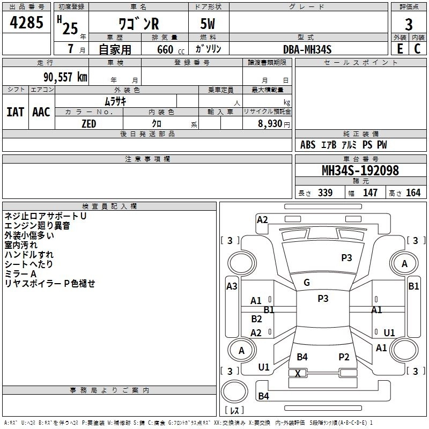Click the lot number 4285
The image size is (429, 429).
point(26,23)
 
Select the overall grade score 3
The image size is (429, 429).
point(409,25)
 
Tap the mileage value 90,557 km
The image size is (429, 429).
point(65,77)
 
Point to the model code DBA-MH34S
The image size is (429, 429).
point(307,49)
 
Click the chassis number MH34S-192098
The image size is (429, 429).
point(360,171)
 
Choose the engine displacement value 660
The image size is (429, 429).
point(165,49)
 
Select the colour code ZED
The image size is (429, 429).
point(89,124)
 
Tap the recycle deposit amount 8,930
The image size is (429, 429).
point(270,124)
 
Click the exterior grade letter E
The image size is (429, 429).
point(400,49)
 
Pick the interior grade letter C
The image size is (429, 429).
point(417,49)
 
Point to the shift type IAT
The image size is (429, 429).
point(16,112)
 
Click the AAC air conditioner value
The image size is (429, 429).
point(41,112)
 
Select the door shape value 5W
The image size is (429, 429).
point(208,24)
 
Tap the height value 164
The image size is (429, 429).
point(413,193)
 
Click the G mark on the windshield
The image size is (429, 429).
point(307,283)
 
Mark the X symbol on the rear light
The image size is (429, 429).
point(298,373)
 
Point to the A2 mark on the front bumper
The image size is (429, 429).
point(262,220)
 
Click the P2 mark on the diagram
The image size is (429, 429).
point(344,357)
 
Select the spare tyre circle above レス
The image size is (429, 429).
point(234,392)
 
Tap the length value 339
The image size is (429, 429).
point(326,193)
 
